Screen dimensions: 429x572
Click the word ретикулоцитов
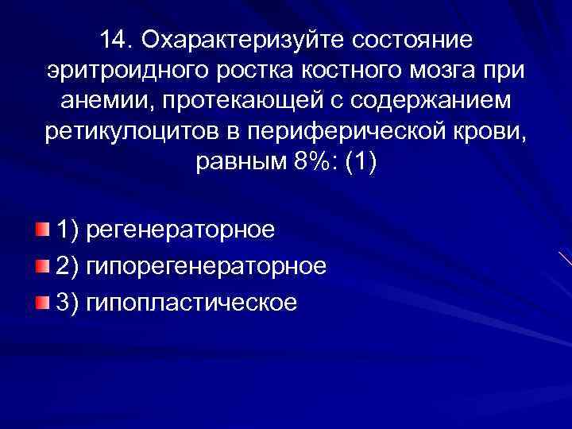[124, 131]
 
